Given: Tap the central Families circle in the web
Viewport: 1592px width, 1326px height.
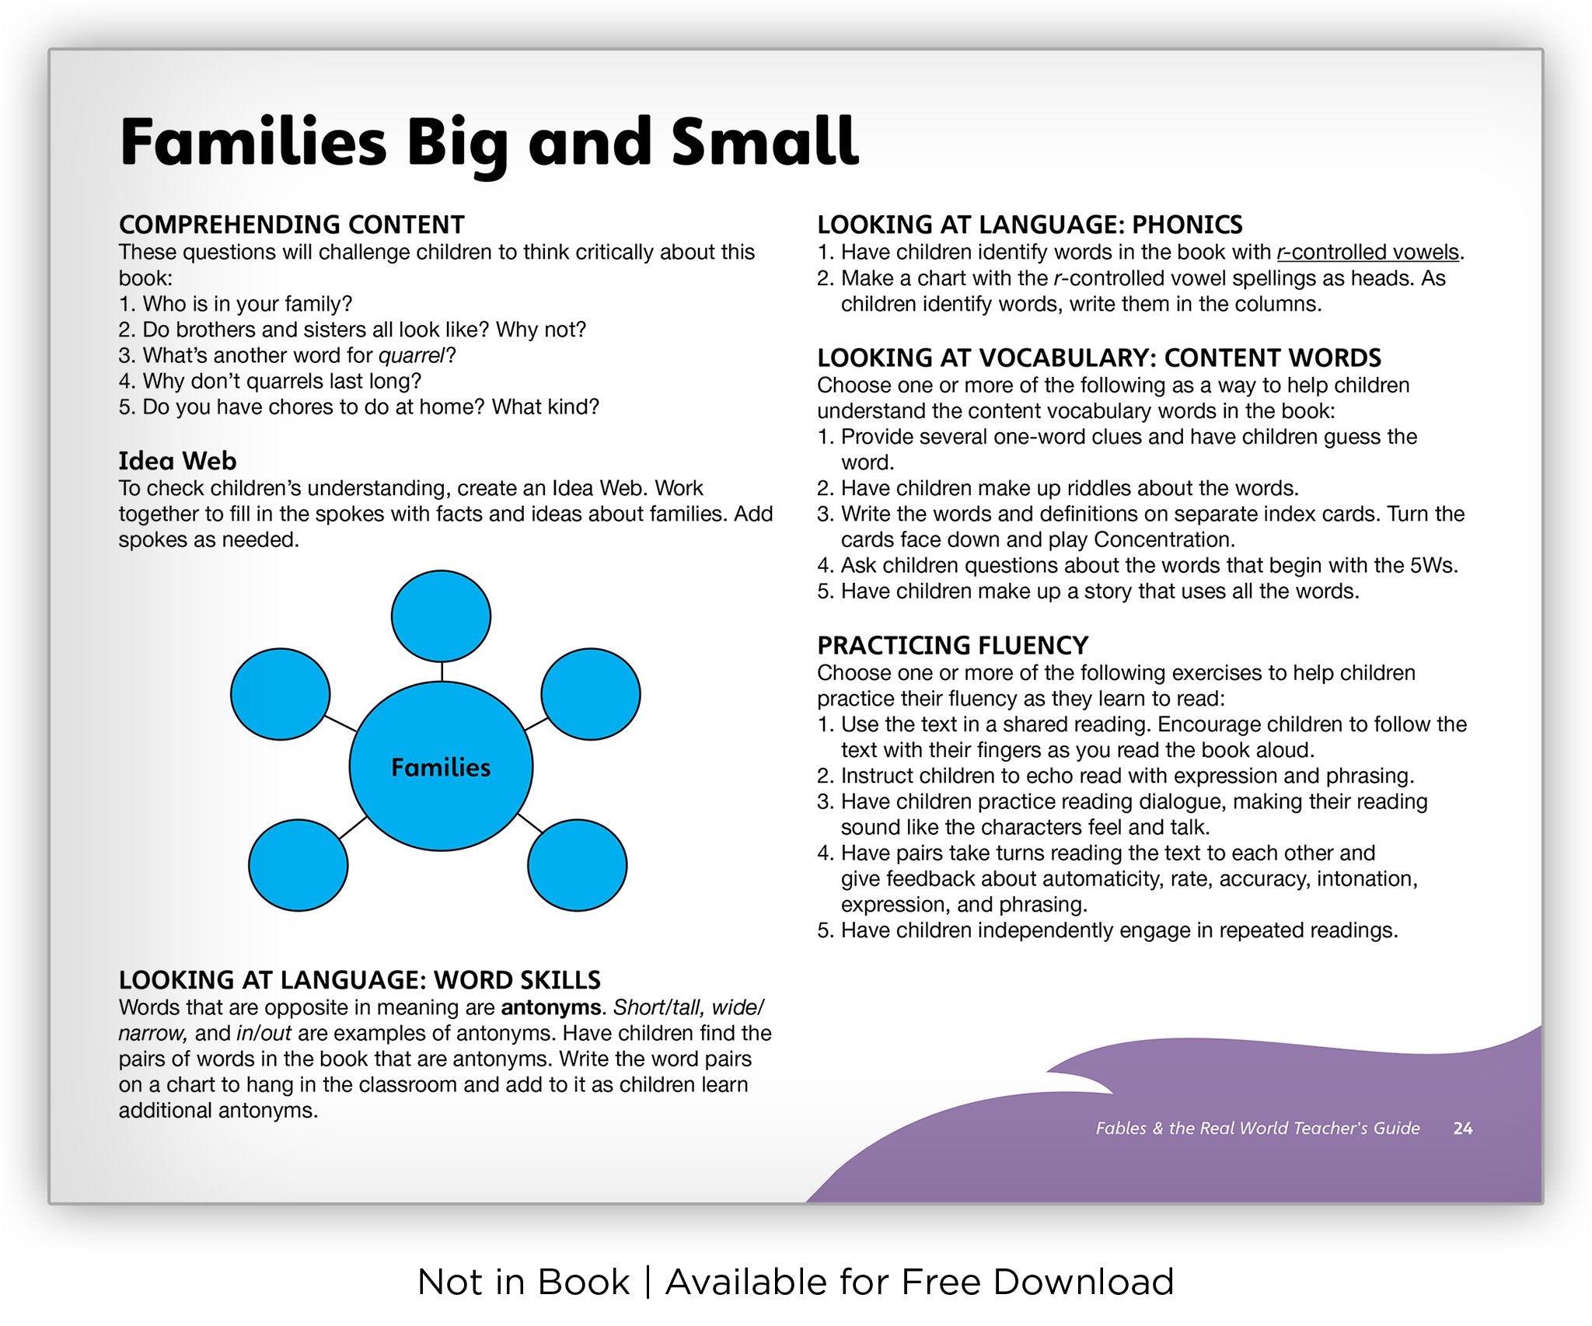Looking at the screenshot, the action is (441, 766).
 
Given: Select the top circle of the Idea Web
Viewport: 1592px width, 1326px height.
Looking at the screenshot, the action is (441, 616).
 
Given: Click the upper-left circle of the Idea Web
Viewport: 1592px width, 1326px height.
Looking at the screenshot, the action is (281, 694).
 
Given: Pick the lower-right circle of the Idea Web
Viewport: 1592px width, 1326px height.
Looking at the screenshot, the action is (578, 865).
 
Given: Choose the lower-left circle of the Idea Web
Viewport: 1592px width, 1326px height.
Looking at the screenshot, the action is (298, 865).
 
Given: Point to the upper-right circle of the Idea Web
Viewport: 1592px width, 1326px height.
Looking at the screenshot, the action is (591, 694).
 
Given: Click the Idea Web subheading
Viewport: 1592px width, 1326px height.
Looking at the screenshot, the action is (177, 461).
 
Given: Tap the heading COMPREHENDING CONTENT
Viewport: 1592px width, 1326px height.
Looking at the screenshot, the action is (292, 225).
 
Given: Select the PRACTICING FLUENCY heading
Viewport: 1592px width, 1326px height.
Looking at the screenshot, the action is (952, 645).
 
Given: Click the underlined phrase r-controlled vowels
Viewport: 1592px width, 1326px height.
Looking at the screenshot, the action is (1368, 253).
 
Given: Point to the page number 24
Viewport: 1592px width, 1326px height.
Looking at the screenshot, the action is (1463, 1128).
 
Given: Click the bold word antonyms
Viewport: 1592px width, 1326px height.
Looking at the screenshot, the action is (550, 1007).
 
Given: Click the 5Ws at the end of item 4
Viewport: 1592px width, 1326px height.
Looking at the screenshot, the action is (1431, 565).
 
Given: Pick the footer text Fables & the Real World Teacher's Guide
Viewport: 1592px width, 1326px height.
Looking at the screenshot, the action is (1258, 1128).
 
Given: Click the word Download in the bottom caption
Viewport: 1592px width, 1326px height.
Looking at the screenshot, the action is (1084, 1282).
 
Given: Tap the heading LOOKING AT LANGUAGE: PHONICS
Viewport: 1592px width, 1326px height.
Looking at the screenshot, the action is (1029, 225).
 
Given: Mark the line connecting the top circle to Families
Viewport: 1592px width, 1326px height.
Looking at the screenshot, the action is (442, 672).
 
